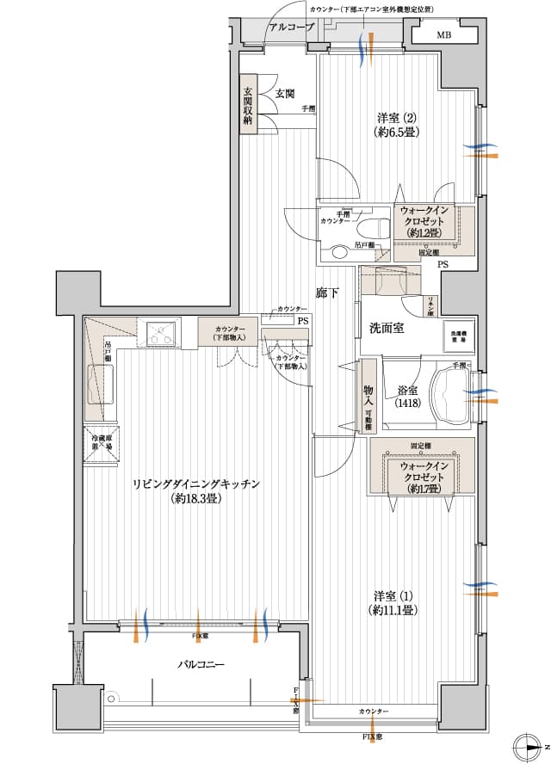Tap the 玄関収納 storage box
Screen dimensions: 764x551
(x=248, y=108)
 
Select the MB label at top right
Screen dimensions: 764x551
(x=443, y=35)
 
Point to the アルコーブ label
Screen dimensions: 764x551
(x=291, y=28)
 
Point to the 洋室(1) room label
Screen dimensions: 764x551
(x=395, y=603)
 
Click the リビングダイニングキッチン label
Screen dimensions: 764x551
(x=197, y=490)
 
